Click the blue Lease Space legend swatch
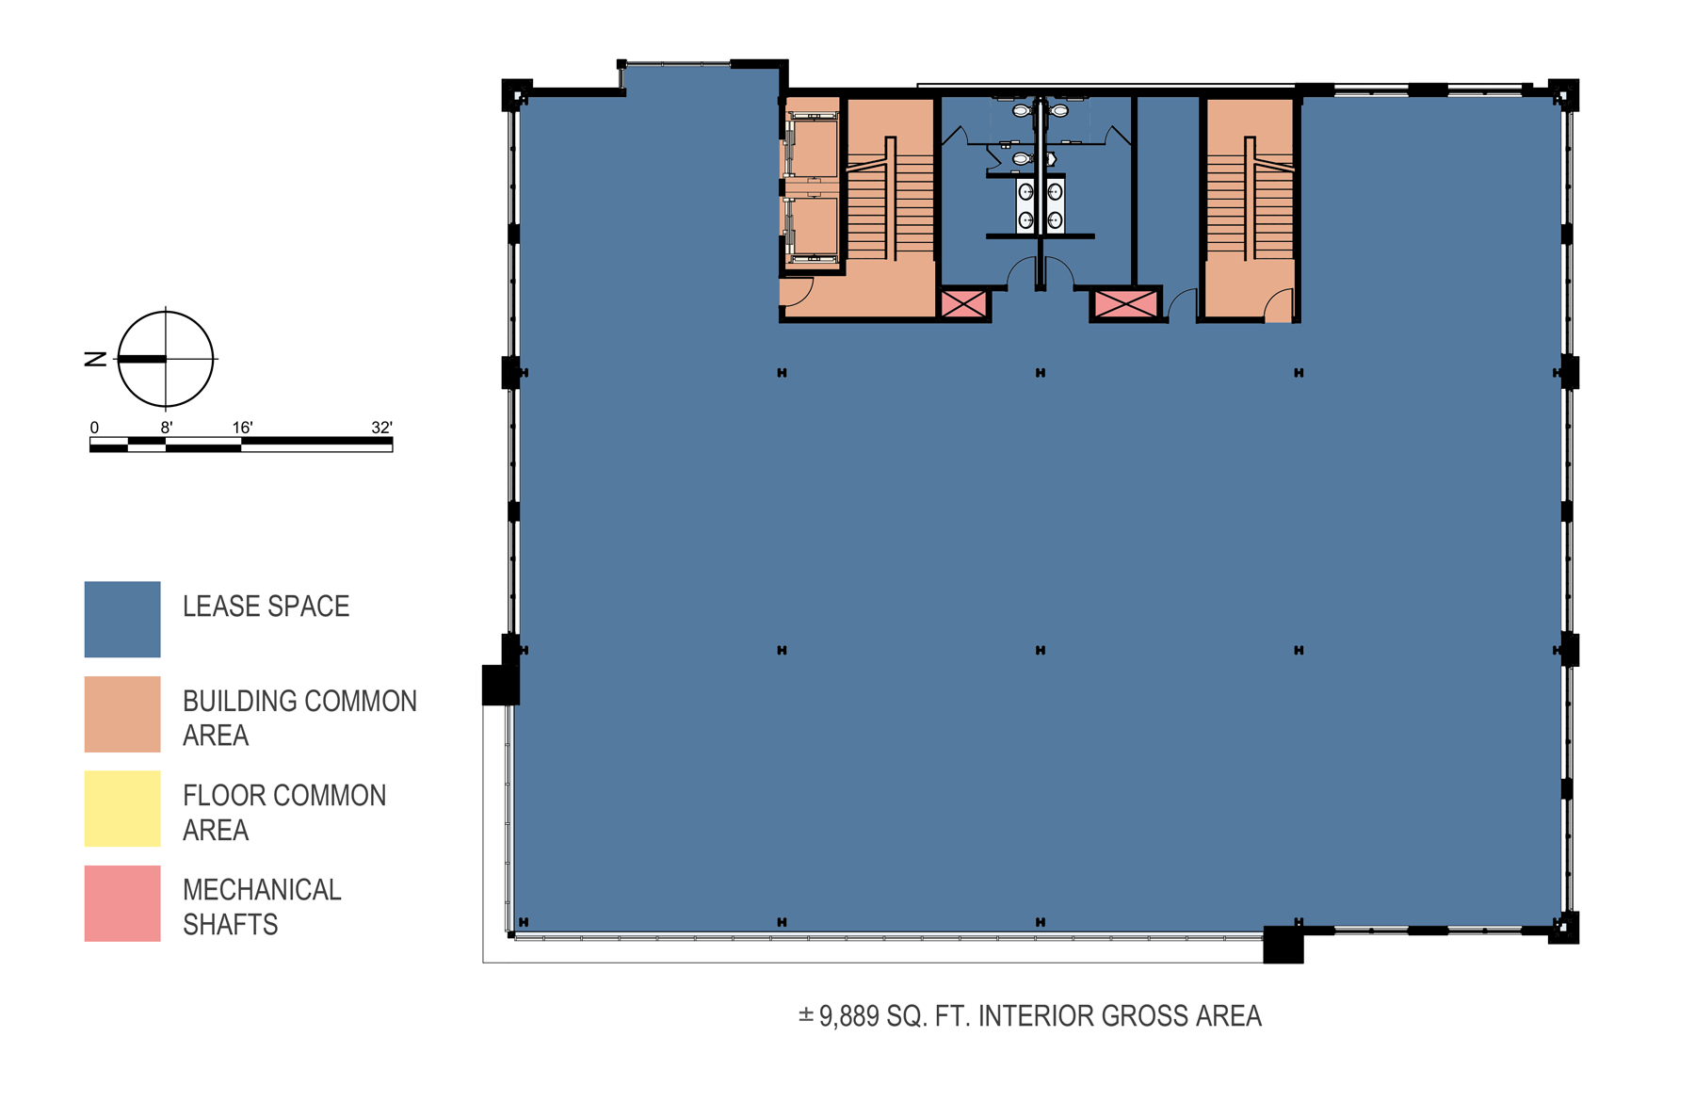pos(122,619)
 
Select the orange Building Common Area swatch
pos(122,714)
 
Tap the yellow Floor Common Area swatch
pos(122,808)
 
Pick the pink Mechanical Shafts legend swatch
pos(122,903)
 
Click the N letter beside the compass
pos(95,359)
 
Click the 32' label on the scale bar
pos(381,428)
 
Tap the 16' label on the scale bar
pos(243,428)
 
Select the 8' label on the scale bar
pos(167,428)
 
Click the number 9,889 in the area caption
pos(848,1016)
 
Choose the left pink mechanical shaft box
pos(963,303)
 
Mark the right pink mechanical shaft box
pos(1125,303)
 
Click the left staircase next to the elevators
pos(890,199)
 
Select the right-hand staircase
pos(1250,199)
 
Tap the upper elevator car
pos(812,147)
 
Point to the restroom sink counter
pos(1041,205)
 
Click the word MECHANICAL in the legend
pos(262,890)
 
